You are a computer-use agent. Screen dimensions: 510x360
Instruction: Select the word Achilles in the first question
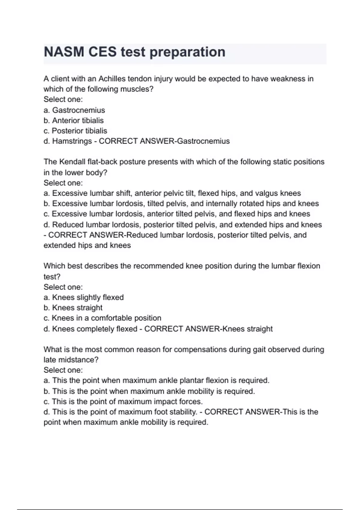(112, 79)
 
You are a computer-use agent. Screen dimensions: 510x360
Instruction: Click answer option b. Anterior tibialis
(73, 121)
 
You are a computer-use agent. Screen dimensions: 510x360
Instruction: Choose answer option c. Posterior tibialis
(75, 131)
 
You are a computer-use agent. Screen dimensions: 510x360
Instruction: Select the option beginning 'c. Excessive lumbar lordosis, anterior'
(177, 214)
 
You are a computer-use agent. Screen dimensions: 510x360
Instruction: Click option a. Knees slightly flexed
(83, 297)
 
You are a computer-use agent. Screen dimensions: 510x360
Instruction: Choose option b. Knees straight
(73, 308)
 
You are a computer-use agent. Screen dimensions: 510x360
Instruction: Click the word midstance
(79, 360)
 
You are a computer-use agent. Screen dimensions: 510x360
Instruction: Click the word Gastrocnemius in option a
(79, 110)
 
